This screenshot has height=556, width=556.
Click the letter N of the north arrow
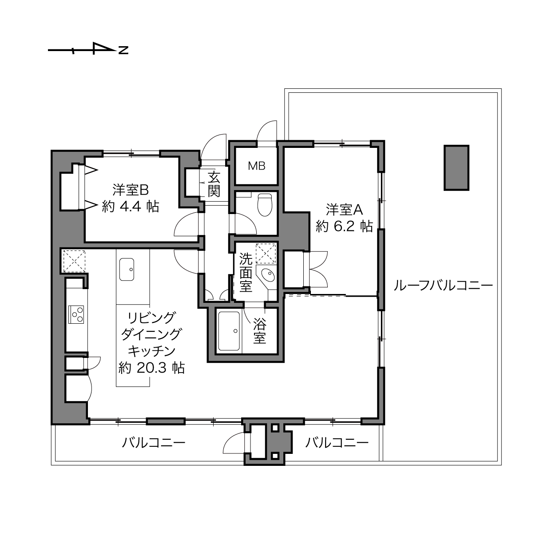123,50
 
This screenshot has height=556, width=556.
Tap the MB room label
257,166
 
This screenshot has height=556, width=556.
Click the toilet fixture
265,205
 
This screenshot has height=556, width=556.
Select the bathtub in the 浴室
229,331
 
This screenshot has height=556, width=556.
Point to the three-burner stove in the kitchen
76,314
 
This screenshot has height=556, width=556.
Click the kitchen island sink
127,269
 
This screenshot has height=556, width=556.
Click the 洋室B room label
131,190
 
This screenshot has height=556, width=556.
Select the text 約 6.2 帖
344,226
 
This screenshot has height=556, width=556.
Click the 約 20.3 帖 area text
152,368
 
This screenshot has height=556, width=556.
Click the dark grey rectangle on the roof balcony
457,167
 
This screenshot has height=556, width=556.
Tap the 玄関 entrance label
214,184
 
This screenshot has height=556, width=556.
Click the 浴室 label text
259,331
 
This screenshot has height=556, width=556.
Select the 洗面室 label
246,272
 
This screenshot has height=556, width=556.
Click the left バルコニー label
154,442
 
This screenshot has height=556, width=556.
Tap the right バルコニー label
337,442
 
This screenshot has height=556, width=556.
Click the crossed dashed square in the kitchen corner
74,261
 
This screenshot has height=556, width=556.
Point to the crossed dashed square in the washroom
266,253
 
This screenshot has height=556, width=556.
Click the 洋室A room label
344,210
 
